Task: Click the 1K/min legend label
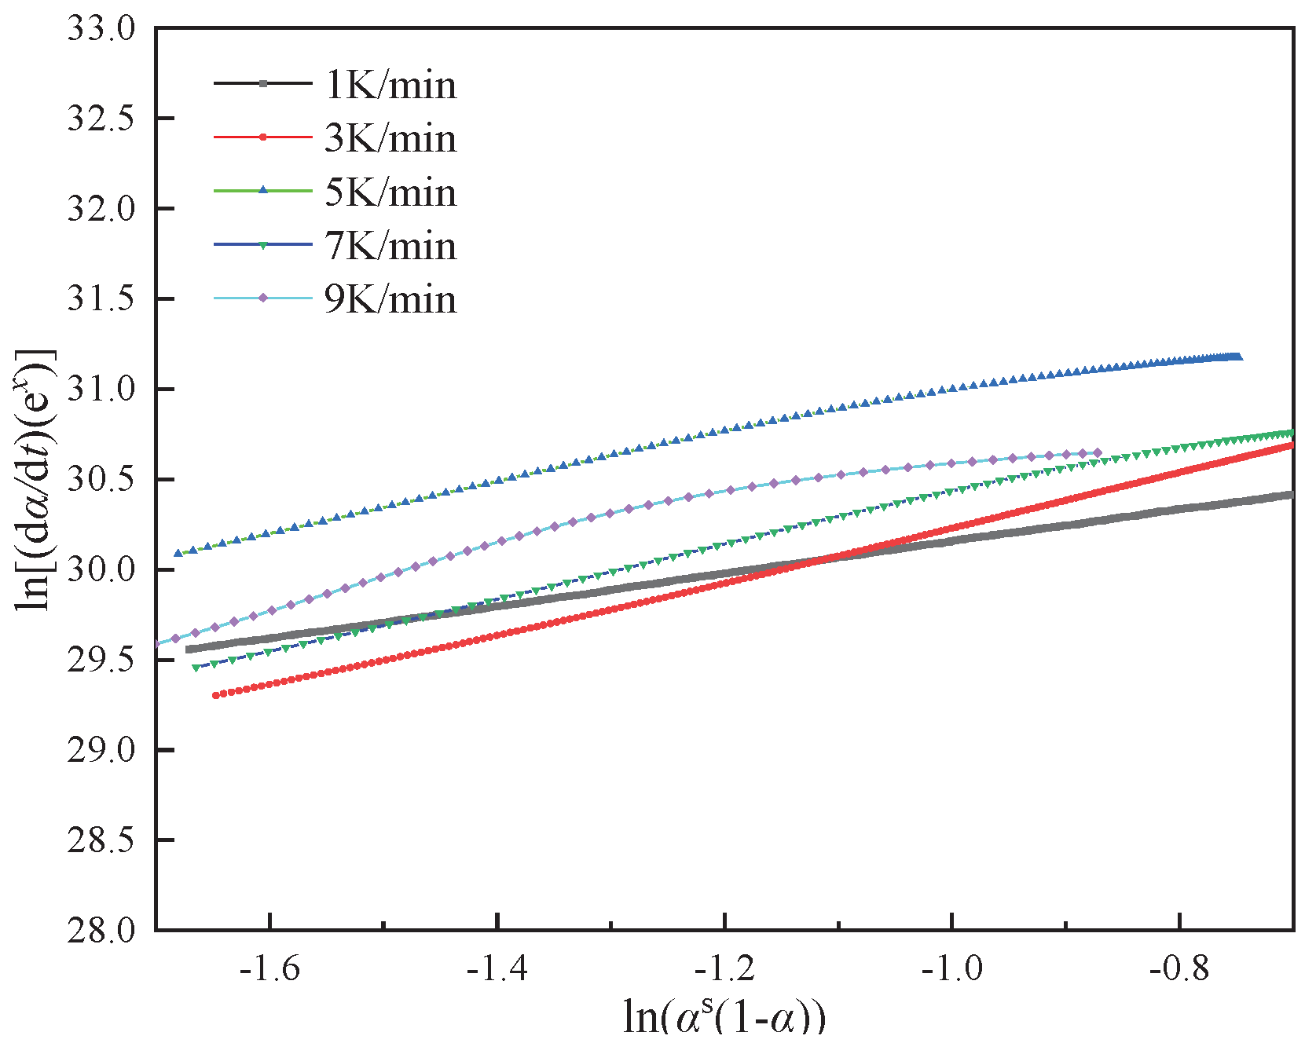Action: (390, 84)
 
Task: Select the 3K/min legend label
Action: (390, 138)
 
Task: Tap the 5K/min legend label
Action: (390, 192)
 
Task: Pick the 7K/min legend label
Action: (390, 246)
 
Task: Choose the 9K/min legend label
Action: (390, 299)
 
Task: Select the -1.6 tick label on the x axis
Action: (270, 968)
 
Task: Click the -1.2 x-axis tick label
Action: (724, 968)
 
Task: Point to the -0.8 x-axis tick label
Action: (1179, 968)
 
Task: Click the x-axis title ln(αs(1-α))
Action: (724, 1019)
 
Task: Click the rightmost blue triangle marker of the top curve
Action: (1238, 357)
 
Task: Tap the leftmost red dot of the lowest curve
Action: (215, 695)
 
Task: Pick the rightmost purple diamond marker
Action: (1098, 452)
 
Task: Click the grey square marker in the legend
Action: (263, 84)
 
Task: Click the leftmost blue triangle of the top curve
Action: (178, 553)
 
